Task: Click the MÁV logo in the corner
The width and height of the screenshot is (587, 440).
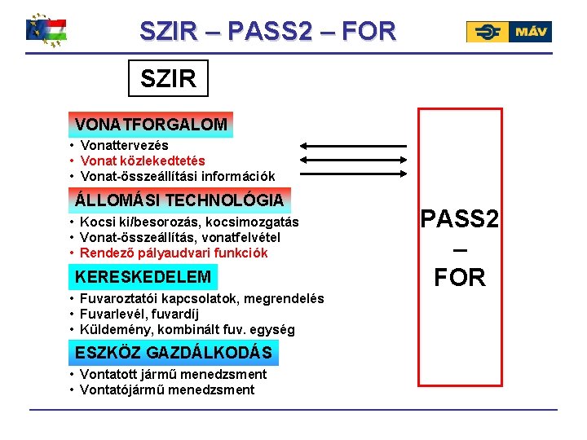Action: tap(509, 32)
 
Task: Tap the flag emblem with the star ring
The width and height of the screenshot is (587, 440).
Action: tap(47, 30)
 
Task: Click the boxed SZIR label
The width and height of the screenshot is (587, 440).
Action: tap(169, 78)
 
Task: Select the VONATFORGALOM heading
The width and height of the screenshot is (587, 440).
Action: tap(151, 125)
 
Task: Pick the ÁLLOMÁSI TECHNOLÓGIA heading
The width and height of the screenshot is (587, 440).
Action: tap(179, 200)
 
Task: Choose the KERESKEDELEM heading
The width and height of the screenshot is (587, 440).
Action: tap(143, 277)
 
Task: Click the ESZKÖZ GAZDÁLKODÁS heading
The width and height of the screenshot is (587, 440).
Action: tap(174, 353)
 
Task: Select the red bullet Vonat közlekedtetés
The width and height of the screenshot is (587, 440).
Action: tap(143, 161)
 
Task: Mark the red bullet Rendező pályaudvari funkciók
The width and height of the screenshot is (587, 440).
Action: tap(174, 253)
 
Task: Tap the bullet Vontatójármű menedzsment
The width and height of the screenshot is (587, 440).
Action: tap(168, 389)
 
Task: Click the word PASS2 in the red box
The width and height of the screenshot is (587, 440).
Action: tap(460, 219)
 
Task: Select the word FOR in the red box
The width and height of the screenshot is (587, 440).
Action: tap(460, 278)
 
